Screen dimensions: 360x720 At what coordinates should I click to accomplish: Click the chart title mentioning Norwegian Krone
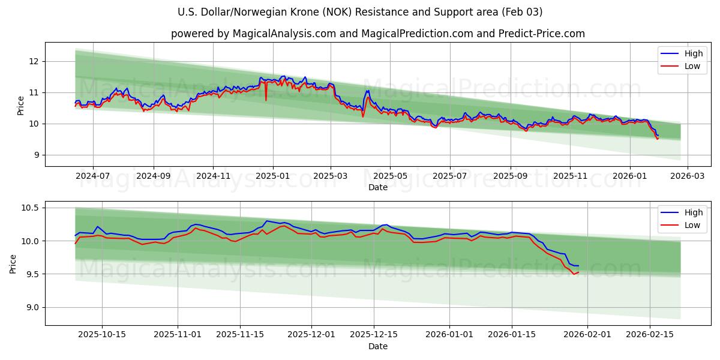pyautogui.click(x=360, y=12)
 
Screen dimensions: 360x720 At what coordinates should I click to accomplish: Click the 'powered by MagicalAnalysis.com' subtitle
pyautogui.click(x=378, y=34)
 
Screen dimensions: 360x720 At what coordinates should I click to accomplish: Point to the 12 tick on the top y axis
pyautogui.click(x=34, y=61)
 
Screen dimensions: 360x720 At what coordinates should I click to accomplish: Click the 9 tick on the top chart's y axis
pyautogui.click(x=36, y=155)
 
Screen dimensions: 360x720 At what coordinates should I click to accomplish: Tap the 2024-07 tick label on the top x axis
pyautogui.click(x=93, y=176)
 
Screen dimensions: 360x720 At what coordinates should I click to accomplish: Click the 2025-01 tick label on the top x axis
pyautogui.click(x=273, y=176)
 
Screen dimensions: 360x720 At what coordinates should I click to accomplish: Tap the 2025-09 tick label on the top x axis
pyautogui.click(x=511, y=176)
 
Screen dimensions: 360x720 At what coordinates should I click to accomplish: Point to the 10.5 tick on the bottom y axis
pyautogui.click(x=31, y=208)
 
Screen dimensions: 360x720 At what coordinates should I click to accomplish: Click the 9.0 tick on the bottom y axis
pyautogui.click(x=32, y=307)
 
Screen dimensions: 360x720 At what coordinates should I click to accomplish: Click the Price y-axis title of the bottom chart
pyautogui.click(x=13, y=263)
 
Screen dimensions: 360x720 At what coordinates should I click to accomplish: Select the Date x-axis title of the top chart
pyautogui.click(x=378, y=187)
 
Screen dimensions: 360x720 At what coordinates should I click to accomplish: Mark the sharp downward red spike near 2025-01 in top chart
pyautogui.click(x=266, y=100)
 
